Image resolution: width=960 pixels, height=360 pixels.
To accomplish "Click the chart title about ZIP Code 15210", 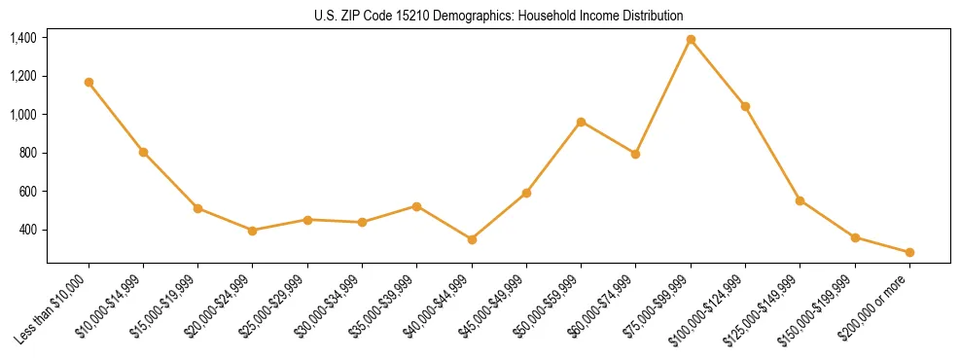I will point(499,16).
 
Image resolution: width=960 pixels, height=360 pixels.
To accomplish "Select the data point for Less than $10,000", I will point(89,82).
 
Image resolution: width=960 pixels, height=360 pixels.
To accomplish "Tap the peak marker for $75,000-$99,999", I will point(691,40).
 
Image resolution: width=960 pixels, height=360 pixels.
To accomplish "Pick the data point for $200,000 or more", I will point(909,253).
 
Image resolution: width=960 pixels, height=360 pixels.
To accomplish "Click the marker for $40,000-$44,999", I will point(472,239).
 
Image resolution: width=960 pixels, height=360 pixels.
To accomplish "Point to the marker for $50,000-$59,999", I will point(581,122).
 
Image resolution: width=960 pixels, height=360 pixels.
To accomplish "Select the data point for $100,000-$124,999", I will point(745,106).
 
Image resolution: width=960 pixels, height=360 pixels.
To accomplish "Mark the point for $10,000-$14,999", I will point(143,152).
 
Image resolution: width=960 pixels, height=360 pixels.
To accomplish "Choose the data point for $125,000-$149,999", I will point(800,200).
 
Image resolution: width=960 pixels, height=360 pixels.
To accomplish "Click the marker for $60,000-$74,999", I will point(635,154).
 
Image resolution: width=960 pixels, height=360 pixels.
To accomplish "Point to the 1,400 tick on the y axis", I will point(23,38).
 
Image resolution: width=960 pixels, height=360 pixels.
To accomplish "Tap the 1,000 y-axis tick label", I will point(23,115).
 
